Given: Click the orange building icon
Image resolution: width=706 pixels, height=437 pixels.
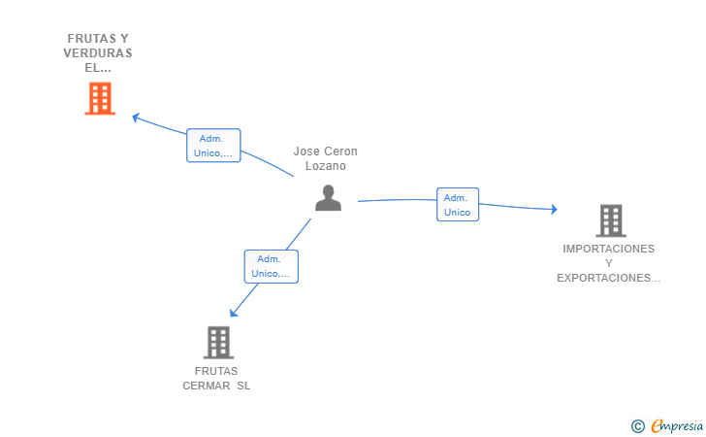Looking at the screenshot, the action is click(100, 98).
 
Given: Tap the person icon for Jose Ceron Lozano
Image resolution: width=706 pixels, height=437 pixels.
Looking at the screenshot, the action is click(328, 197).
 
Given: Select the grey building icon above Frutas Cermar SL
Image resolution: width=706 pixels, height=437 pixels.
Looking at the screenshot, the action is click(218, 342).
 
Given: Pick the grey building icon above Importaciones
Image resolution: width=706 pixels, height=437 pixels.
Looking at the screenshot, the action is click(611, 220).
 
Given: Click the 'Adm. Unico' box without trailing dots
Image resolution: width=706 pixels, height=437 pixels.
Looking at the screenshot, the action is click(458, 204).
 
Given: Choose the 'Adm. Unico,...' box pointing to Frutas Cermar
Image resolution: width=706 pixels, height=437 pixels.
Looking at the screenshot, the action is click(272, 266).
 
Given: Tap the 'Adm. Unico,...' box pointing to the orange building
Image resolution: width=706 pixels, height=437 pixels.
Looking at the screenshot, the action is click(213, 146).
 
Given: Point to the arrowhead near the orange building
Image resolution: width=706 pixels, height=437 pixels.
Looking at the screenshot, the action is click(136, 118).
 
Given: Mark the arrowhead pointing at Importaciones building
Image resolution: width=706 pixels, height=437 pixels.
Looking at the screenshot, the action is click(555, 209).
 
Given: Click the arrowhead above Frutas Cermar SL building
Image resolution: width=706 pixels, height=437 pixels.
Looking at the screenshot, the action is click(233, 313).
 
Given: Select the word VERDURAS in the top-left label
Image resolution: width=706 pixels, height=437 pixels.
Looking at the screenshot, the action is click(98, 53).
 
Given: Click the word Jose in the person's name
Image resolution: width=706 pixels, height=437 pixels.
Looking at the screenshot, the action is click(306, 151).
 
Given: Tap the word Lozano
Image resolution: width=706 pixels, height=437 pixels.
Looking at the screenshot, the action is click(326, 166).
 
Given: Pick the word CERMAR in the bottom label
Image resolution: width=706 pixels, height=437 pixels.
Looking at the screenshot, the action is click(207, 387).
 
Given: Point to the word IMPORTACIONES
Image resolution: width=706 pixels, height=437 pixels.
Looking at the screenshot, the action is click(609, 249).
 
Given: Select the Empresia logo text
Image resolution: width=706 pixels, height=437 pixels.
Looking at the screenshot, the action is click(677, 425).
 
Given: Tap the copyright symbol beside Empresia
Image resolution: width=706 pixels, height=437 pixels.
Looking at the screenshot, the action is click(637, 426).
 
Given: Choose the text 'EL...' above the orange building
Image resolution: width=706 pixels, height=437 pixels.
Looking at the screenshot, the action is click(98, 68).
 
